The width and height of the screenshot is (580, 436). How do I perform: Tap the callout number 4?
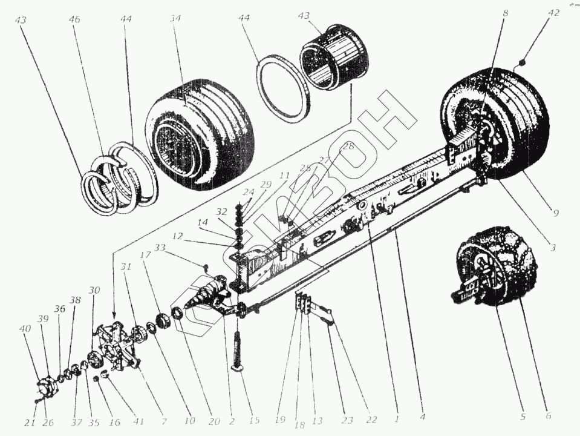(423, 417)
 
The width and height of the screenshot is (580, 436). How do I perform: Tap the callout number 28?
(347, 146)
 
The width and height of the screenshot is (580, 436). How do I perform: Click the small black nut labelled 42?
(522, 62)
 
